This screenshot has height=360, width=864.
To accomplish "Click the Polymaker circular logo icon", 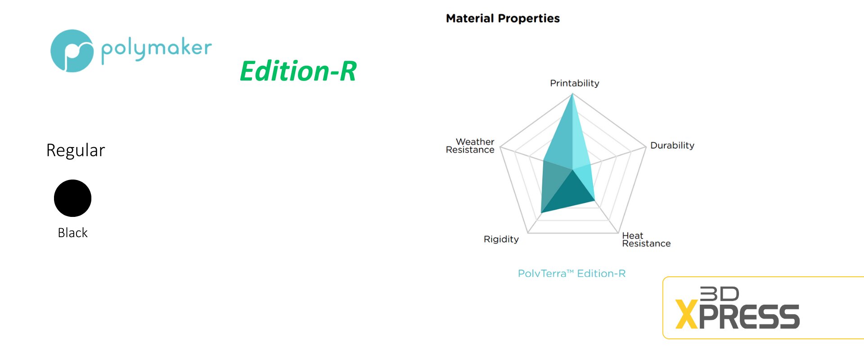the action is pos(72,51).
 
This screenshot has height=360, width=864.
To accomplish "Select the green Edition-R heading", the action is pos(298,71).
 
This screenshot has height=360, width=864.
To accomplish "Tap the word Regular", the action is pos(76,150).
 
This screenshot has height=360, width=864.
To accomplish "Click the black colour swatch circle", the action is pos(72,198).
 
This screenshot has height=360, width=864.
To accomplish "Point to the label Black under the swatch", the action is pos(72,233).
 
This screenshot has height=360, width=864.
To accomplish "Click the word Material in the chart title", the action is pos(470,18).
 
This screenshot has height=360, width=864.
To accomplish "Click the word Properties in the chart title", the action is pos(529,19).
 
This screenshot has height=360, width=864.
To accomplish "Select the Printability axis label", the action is pos(575,83).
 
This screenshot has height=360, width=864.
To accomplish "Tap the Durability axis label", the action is pos(672,145).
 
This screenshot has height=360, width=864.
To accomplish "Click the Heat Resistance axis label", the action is pos(646,239).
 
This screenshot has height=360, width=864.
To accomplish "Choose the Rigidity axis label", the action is pos(501,239).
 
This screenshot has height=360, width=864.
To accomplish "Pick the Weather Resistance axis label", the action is pos(470,146).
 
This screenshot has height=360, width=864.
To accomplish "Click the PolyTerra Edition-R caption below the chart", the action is pos(572,274).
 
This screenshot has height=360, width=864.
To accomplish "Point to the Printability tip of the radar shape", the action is pos(572,94).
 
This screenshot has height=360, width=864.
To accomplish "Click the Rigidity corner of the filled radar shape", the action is pos(541,213).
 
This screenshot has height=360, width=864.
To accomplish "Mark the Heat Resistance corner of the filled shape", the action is pos(595,200).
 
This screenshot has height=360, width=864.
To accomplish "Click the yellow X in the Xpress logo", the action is pos(687,315).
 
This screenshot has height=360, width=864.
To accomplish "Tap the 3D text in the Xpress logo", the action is pos(720,294).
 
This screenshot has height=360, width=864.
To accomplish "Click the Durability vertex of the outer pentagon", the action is pos(646,147).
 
